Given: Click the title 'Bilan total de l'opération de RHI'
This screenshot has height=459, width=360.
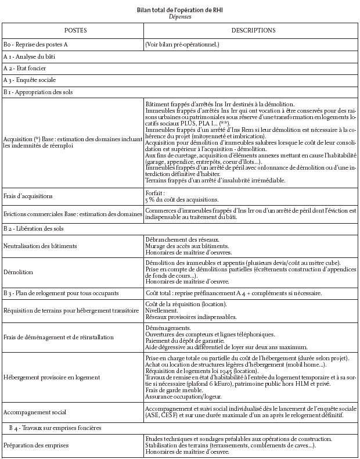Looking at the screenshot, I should click(x=179, y=10).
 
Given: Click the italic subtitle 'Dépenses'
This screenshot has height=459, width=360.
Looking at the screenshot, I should click(x=179, y=17).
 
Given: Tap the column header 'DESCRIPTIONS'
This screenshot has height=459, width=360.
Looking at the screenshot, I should click(x=253, y=30).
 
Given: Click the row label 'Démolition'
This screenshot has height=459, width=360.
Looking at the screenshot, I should click(x=17, y=271).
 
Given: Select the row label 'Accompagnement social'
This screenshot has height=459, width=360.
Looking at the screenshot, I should click(x=34, y=412).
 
